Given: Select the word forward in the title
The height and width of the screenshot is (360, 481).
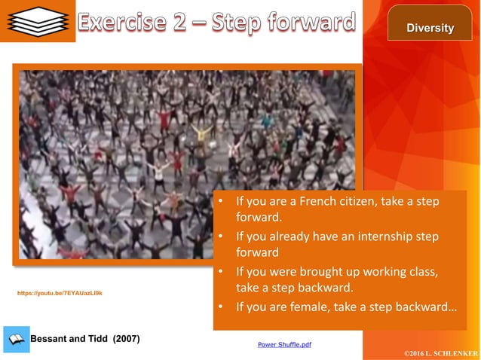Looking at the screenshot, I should (x=309, y=23).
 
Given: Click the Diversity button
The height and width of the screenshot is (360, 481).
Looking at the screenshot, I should (x=430, y=28).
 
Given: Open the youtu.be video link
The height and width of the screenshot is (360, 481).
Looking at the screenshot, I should (x=60, y=293).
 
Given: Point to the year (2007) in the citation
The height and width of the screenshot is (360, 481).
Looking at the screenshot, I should (x=126, y=338).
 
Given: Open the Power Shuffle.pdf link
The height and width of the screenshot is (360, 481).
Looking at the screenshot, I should (x=284, y=344).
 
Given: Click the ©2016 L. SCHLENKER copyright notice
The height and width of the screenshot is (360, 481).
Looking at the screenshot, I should (x=441, y=352).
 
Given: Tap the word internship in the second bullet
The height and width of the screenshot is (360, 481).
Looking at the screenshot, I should (x=381, y=236).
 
